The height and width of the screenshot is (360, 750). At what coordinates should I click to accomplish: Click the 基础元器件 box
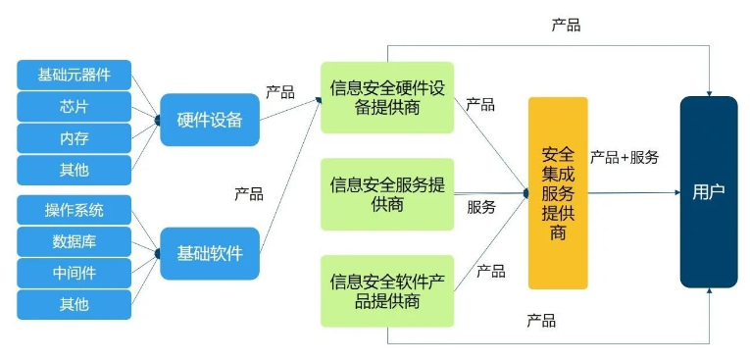tap(75, 74)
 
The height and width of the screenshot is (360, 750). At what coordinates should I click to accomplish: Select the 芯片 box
tap(75, 106)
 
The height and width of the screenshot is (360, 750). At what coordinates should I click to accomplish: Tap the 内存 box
tap(75, 138)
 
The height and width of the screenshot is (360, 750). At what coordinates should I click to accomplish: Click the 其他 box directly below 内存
tap(75, 170)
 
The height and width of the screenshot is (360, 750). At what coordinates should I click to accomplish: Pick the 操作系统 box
tap(75, 209)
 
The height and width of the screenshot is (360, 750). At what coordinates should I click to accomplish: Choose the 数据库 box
tap(75, 240)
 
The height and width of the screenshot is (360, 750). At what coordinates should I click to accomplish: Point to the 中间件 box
tap(75, 272)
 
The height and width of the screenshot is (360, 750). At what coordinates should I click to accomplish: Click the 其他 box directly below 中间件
tap(75, 304)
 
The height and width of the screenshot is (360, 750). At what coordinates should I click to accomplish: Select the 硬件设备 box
tap(209, 120)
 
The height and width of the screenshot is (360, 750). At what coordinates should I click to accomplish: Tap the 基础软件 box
tap(209, 253)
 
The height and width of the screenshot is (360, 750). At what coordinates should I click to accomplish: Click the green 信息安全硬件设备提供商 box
tap(387, 98)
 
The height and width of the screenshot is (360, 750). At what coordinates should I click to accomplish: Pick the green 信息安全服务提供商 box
tap(387, 193)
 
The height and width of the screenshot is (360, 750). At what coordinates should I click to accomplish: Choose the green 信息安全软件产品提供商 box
tap(387, 290)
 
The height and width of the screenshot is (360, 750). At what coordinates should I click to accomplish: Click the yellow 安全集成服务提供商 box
tap(558, 193)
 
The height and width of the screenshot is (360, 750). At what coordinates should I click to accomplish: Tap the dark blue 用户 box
tap(708, 192)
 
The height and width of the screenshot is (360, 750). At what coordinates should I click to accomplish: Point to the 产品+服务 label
tap(624, 157)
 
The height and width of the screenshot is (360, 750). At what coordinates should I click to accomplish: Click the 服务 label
tap(481, 207)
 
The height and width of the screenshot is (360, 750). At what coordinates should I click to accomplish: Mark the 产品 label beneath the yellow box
tap(541, 321)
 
